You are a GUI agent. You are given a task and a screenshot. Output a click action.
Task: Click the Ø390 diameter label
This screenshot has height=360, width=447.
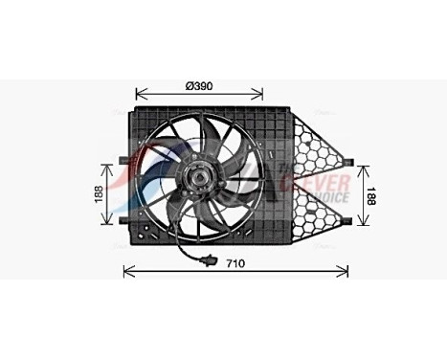pos(199,85)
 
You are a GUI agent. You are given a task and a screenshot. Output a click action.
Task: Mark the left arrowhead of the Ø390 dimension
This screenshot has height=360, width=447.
pos(140,95)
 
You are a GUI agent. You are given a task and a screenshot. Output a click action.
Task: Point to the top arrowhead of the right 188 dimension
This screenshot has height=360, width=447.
pos(360,164)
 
